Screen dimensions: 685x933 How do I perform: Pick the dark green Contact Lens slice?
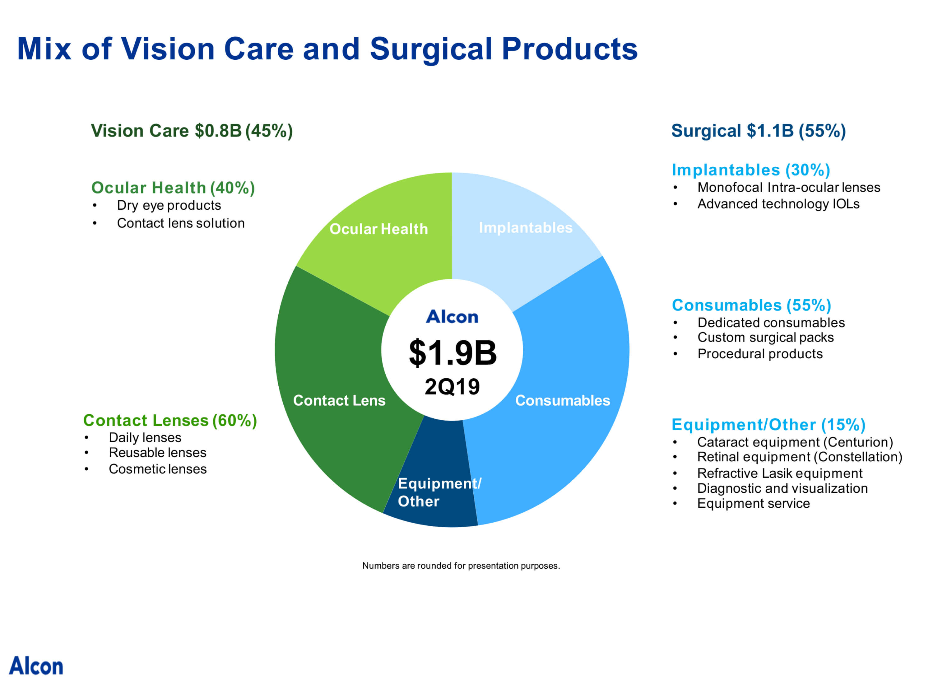[332, 365]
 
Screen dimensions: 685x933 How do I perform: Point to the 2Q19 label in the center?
[452, 386]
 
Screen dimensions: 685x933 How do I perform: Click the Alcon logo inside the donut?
[452, 317]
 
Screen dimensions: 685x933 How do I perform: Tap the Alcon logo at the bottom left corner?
[36, 666]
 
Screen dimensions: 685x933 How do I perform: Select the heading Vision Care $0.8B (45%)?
[192, 131]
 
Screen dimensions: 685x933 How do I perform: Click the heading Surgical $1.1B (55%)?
[758, 131]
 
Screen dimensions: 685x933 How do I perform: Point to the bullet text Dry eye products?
[169, 205]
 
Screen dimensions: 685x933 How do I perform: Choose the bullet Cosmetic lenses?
[157, 469]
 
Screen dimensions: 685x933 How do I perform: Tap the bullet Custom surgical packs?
[765, 338]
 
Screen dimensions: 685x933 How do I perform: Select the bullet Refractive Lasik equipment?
[779, 473]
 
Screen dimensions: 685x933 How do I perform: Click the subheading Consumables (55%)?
[751, 305]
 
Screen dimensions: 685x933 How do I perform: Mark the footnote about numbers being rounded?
[461, 566]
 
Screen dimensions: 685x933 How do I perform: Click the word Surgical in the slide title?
[431, 49]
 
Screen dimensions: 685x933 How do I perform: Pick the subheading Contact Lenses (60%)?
[170, 421]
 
